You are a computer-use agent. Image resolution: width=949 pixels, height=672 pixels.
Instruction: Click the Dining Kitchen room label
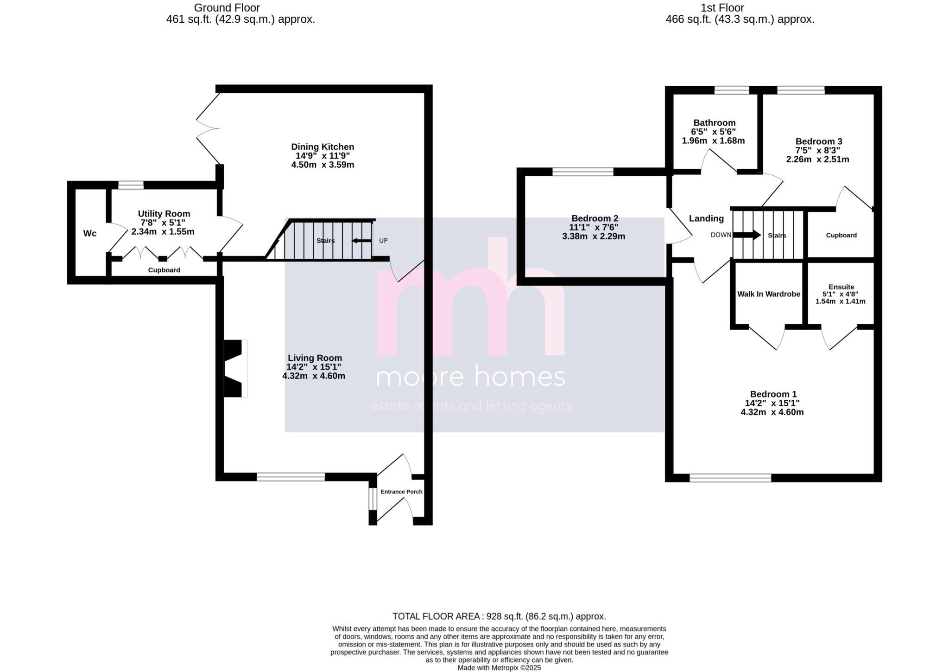pyautogui.click(x=323, y=147)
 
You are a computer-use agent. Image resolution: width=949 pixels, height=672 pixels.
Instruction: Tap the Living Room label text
pyautogui.click(x=315, y=358)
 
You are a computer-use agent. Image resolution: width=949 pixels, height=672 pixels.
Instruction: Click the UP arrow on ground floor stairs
pyautogui.click(x=361, y=241)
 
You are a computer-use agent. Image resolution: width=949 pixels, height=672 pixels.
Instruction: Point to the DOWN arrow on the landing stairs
pyautogui.click(x=747, y=235)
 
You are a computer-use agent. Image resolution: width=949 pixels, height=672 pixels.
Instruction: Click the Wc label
pyautogui.click(x=90, y=233)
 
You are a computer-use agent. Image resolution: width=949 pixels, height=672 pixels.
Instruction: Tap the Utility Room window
pyautogui.click(x=131, y=185)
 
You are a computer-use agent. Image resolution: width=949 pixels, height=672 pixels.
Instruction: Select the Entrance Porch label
pyautogui.click(x=401, y=492)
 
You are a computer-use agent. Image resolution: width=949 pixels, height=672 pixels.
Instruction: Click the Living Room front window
pyautogui.click(x=291, y=477)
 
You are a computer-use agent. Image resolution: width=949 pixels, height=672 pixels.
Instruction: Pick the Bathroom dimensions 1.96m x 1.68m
pyautogui.click(x=713, y=141)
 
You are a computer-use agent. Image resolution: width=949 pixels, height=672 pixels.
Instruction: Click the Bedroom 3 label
pyautogui.click(x=819, y=141)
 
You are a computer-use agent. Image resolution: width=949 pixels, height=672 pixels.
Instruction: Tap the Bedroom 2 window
pyautogui.click(x=583, y=172)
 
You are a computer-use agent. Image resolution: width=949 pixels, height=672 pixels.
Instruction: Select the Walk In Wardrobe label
pyautogui.click(x=769, y=294)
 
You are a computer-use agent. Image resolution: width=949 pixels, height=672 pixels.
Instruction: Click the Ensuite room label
pyautogui.click(x=841, y=287)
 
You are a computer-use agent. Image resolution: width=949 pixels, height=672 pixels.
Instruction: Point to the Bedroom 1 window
pyautogui.click(x=730, y=478)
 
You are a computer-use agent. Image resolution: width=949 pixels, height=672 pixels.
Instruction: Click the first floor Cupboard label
pyautogui.click(x=841, y=235)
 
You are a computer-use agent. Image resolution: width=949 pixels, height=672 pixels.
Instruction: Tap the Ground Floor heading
pyautogui.click(x=227, y=8)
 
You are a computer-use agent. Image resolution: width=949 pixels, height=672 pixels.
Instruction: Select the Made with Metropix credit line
pyautogui.click(x=499, y=668)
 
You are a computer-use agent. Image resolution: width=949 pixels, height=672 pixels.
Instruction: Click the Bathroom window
pyautogui.click(x=732, y=90)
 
